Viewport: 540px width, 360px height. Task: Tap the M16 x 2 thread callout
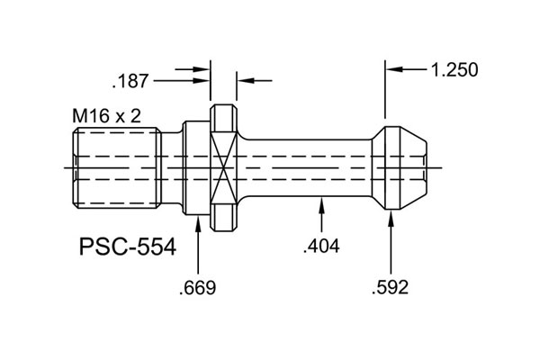tap(106, 116)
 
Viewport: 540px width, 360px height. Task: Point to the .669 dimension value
tap(198, 288)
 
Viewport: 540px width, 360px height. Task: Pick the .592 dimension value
tap(390, 288)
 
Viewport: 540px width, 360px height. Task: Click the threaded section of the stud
tap(115, 167)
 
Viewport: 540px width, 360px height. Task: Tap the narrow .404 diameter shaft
tap(306, 167)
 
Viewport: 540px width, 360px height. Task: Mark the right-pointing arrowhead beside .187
tap(203, 81)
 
